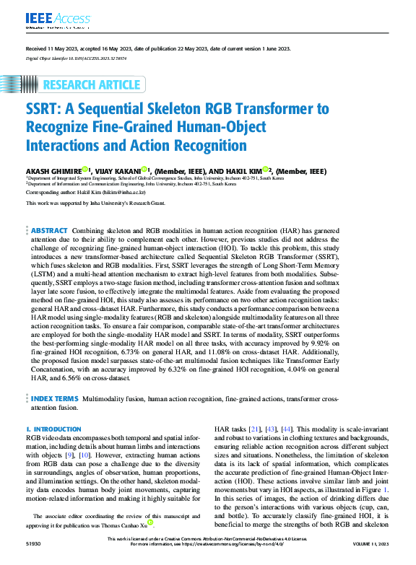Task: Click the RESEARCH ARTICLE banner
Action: point(91,85)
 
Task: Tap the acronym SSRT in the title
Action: point(48,110)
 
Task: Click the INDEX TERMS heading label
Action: point(55,398)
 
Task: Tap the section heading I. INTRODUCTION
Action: point(56,429)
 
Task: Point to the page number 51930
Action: point(33,560)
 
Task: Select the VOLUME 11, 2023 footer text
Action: point(370,560)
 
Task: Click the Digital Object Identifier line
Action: point(76,57)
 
